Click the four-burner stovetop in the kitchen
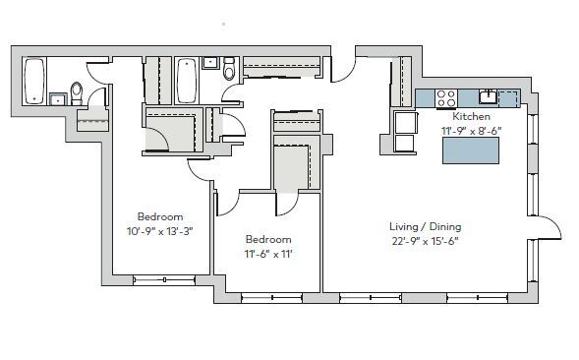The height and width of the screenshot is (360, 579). [445, 97]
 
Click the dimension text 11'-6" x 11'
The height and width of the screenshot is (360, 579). [268, 253]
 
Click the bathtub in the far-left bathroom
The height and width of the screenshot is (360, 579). [34, 80]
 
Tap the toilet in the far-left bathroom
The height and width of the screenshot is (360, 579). [77, 92]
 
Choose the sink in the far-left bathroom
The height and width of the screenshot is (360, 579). [54, 97]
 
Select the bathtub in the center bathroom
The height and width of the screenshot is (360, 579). [186, 80]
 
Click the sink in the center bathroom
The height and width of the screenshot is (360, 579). [210, 63]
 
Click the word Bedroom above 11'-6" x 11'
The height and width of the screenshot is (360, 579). [268, 239]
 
